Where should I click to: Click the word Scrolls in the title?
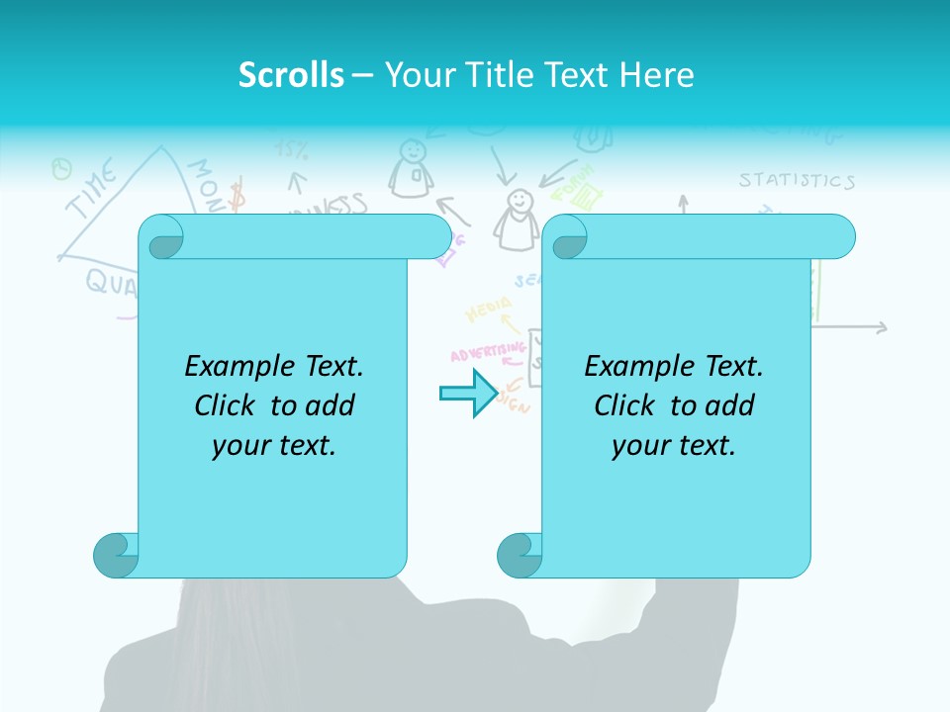[291, 75]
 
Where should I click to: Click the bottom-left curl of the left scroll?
[115, 554]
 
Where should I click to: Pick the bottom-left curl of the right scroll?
[520, 554]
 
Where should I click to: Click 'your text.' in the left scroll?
[274, 446]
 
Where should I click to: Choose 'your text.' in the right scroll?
[674, 446]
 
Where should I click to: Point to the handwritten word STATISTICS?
[797, 181]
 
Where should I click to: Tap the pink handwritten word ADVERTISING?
[487, 352]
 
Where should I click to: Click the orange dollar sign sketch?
[237, 196]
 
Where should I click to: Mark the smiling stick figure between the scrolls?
[516, 220]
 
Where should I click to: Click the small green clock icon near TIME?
[61, 169]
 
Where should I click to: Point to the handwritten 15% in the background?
[292, 150]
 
